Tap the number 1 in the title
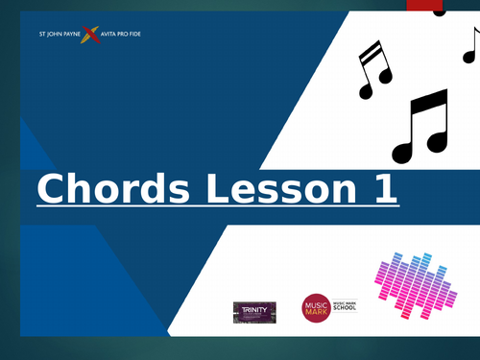(382, 189)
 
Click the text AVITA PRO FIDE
(122, 36)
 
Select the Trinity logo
(254, 312)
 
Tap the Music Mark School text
(344, 305)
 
